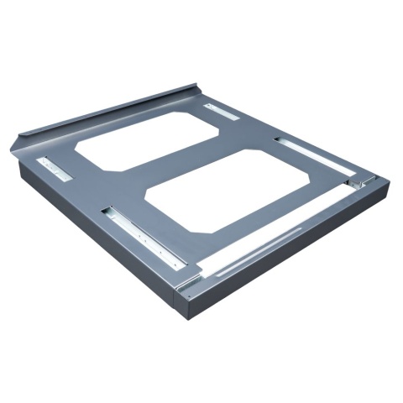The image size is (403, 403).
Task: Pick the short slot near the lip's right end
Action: (222, 111)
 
